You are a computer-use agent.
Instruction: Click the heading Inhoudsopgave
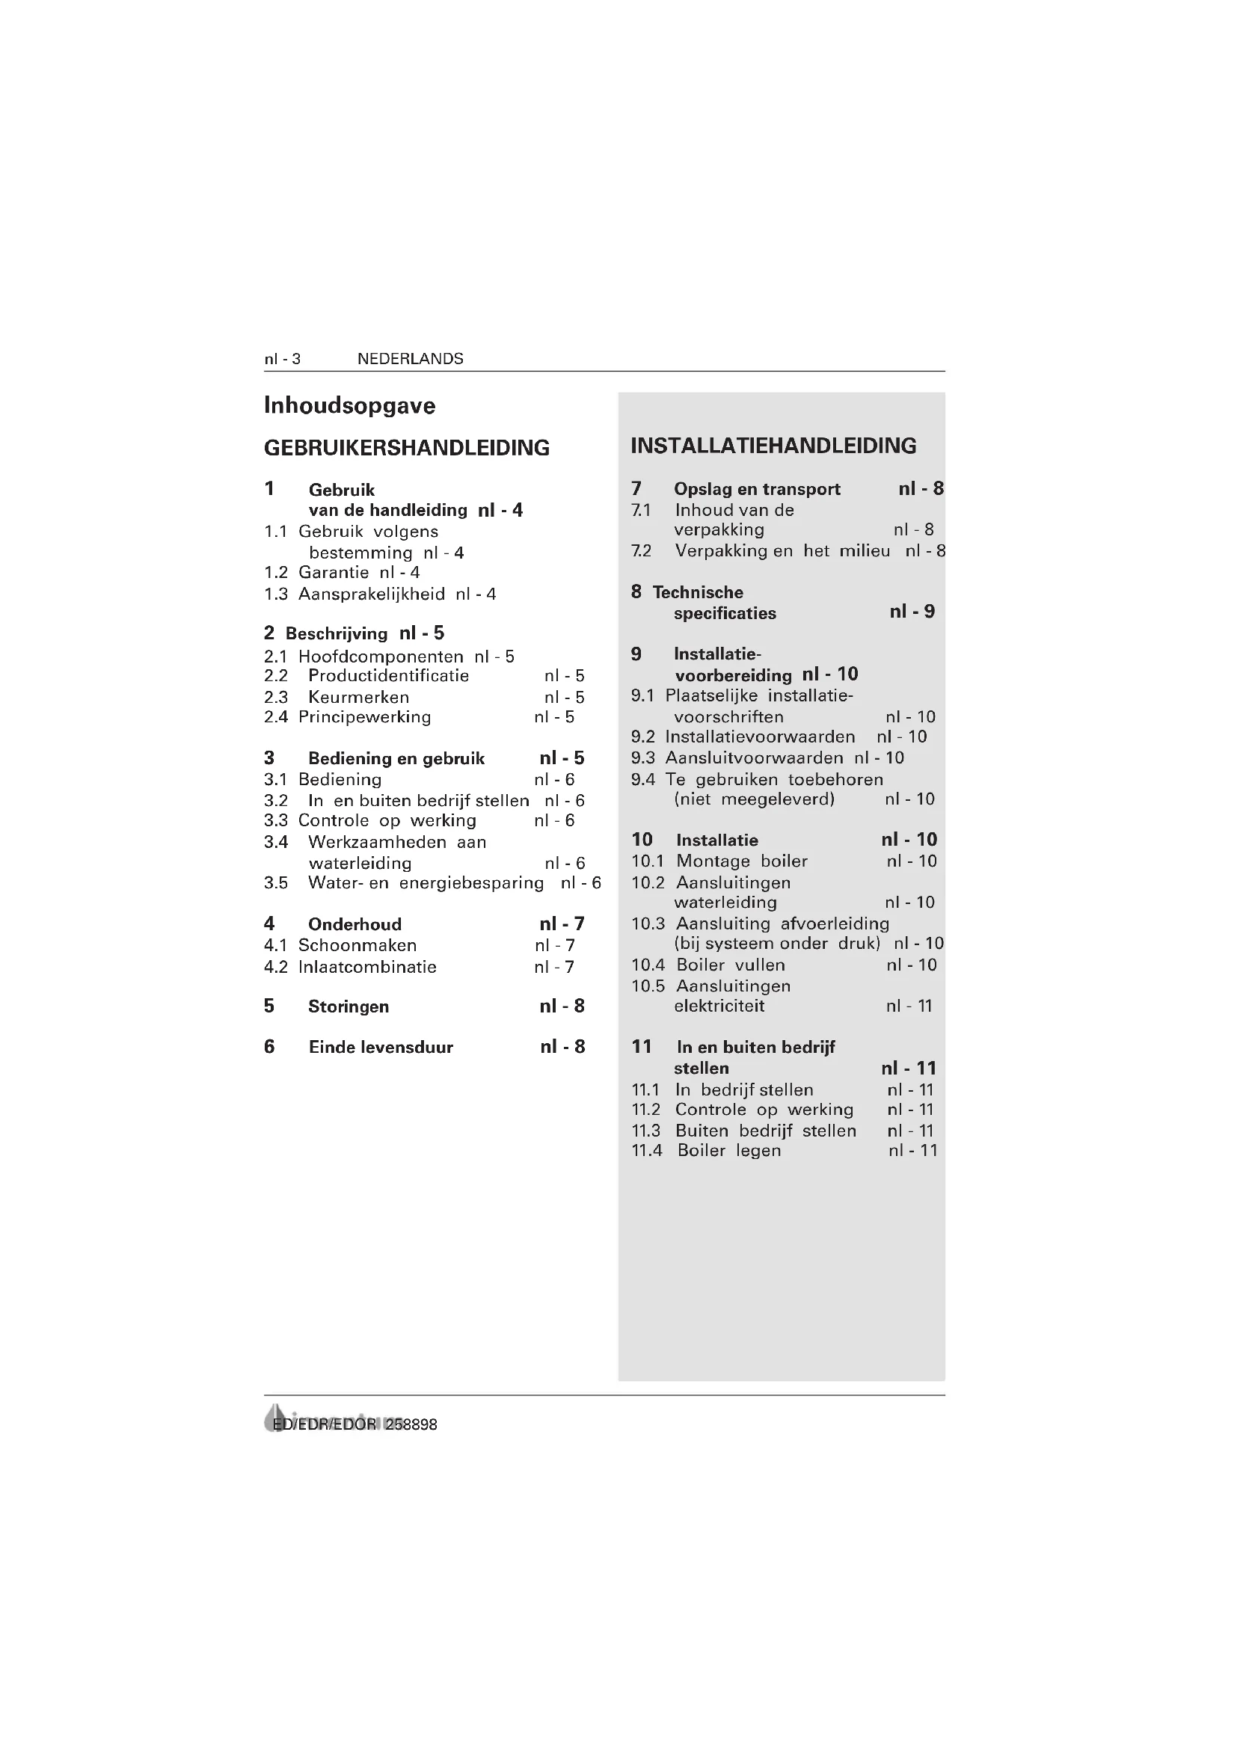tap(349, 405)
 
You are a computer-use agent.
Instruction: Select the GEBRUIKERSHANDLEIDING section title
tap(407, 448)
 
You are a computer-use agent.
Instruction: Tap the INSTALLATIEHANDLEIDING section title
tap(773, 446)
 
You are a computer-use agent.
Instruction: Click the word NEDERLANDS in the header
tap(410, 359)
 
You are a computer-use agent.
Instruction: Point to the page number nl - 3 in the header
tap(282, 359)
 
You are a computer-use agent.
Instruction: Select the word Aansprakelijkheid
tap(371, 594)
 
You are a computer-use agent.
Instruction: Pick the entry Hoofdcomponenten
tap(380, 657)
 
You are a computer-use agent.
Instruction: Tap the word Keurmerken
tap(358, 697)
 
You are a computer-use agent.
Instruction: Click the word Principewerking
tap(364, 717)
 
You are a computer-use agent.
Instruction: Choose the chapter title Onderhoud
tap(354, 924)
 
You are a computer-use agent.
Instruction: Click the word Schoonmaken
tap(357, 945)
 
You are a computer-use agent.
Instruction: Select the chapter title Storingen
tap(348, 1006)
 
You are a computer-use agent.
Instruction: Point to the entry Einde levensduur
tap(380, 1048)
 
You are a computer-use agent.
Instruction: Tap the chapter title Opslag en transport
tap(756, 489)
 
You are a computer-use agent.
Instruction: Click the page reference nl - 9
tap(912, 612)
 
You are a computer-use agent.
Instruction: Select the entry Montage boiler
tap(741, 861)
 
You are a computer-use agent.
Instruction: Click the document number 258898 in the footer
tap(411, 1424)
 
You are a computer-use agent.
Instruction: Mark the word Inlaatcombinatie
tap(367, 968)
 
